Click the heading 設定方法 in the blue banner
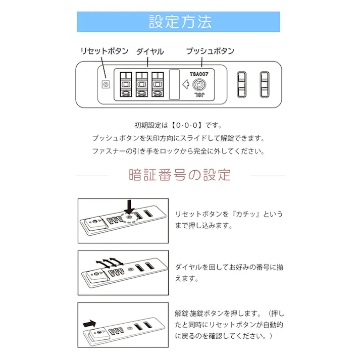click(x=180, y=22)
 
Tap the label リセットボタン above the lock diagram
click(x=105, y=51)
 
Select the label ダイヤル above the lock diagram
click(x=150, y=51)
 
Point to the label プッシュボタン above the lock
click(x=210, y=51)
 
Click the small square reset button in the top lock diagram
click(x=106, y=84)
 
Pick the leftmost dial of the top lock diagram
click(x=126, y=83)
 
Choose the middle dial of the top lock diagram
click(x=142, y=83)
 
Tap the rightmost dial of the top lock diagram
click(x=158, y=83)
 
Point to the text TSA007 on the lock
click(x=199, y=73)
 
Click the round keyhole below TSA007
click(x=199, y=84)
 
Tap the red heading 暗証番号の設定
click(x=180, y=175)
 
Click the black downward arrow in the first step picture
click(x=130, y=207)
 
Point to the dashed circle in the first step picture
click(x=130, y=219)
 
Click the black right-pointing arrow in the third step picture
click(x=89, y=322)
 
